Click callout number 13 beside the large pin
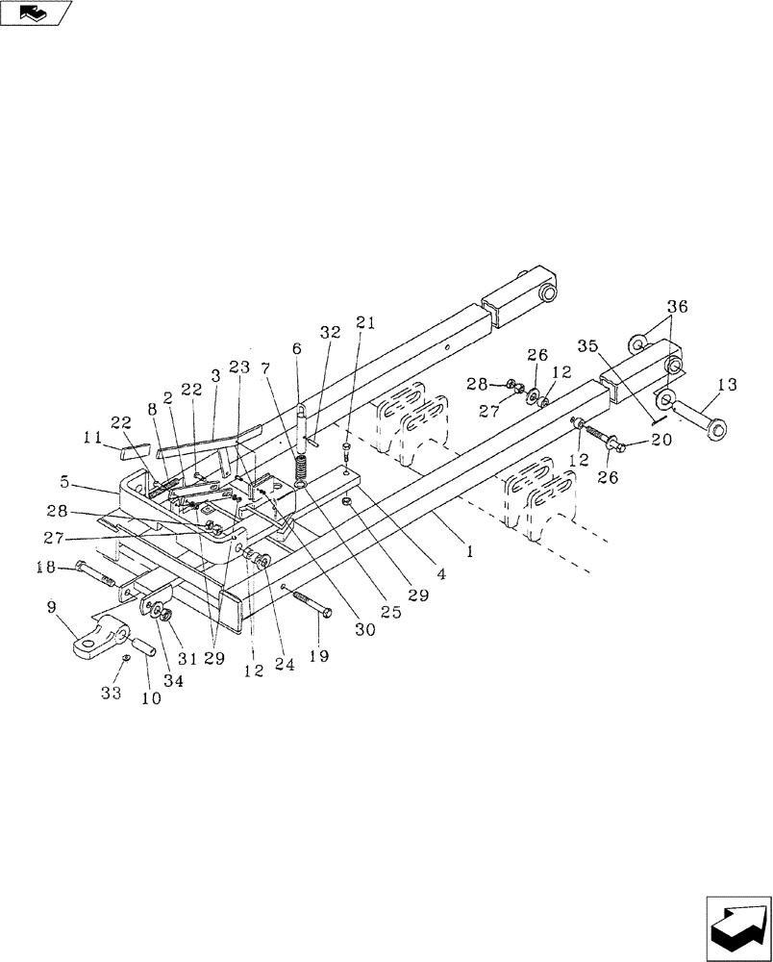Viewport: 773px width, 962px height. (x=726, y=386)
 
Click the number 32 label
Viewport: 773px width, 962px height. (x=331, y=332)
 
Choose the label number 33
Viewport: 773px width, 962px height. (x=112, y=692)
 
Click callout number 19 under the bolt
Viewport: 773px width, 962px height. (x=318, y=656)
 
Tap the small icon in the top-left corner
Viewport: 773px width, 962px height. (x=36, y=13)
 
